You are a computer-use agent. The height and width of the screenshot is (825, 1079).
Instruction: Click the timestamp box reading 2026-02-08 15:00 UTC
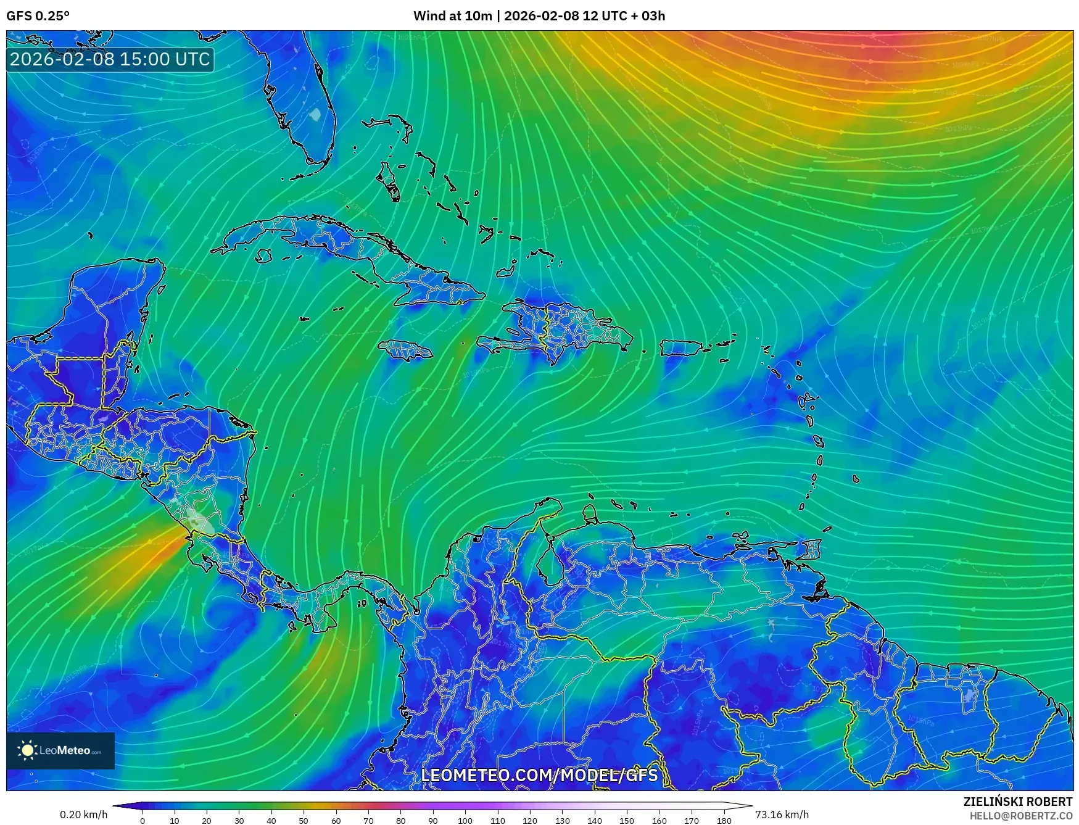click(110, 59)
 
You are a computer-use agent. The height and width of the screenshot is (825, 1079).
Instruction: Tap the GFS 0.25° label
click(38, 16)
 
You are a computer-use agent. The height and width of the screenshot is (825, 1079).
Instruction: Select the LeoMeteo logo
click(60, 750)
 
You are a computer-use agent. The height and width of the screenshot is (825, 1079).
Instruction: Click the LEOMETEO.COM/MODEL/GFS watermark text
click(539, 775)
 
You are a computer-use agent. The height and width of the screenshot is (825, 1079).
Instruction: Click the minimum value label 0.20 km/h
click(84, 815)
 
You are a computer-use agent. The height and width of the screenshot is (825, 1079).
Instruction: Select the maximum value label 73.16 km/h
click(782, 815)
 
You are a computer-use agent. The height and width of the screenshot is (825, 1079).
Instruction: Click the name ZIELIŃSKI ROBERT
click(1018, 802)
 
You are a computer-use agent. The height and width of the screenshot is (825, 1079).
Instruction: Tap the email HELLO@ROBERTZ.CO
click(1020, 816)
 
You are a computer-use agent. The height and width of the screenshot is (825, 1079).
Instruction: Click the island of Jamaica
click(405, 350)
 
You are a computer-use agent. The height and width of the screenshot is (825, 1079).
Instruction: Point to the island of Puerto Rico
click(681, 348)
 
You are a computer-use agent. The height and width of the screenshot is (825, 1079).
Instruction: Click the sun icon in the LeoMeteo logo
click(27, 750)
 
